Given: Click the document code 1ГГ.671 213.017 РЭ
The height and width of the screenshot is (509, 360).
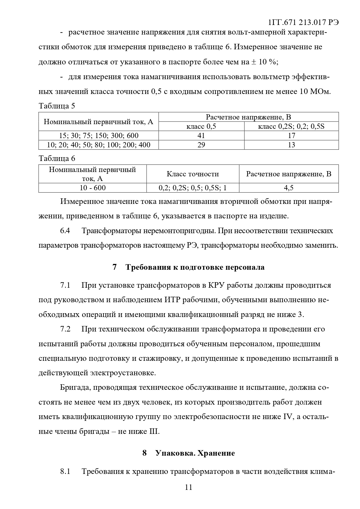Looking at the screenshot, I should pyautogui.click(x=304, y=22).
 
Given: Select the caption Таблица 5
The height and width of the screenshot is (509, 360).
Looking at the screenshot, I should pyautogui.click(x=57, y=106).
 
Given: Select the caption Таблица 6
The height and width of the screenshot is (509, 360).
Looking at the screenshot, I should pyautogui.click(x=57, y=158).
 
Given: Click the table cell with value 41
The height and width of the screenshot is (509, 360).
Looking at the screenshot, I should pyautogui.click(x=201, y=135).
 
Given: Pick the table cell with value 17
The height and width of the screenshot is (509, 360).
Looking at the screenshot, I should pyautogui.click(x=291, y=135).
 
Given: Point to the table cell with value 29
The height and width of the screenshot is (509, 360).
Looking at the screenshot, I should pyautogui.click(x=201, y=145).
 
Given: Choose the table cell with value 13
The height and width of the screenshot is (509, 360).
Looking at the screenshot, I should pyautogui.click(x=291, y=145).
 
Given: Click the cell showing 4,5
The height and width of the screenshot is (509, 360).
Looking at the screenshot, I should pyautogui.click(x=289, y=188).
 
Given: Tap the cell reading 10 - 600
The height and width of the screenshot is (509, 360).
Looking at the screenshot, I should pyautogui.click(x=93, y=188).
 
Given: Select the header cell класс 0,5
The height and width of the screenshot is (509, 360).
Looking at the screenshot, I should pyautogui.click(x=201, y=126).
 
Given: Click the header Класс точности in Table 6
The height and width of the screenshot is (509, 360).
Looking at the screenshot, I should pyautogui.click(x=193, y=174).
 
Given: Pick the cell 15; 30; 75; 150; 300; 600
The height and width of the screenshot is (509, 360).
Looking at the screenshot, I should pyautogui.click(x=99, y=135).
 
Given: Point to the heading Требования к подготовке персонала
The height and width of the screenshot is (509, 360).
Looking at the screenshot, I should pyautogui.click(x=195, y=267).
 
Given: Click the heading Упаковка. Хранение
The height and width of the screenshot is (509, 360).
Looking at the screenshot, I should pyautogui.click(x=195, y=453).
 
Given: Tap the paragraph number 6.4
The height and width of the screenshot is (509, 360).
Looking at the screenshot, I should pyautogui.click(x=65, y=231).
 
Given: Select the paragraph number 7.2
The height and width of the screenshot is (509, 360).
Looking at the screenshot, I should pyautogui.click(x=65, y=329).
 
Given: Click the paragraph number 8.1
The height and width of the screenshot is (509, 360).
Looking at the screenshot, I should pyautogui.click(x=65, y=471).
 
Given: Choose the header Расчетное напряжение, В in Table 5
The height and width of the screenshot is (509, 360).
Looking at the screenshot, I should pyautogui.click(x=248, y=117).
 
